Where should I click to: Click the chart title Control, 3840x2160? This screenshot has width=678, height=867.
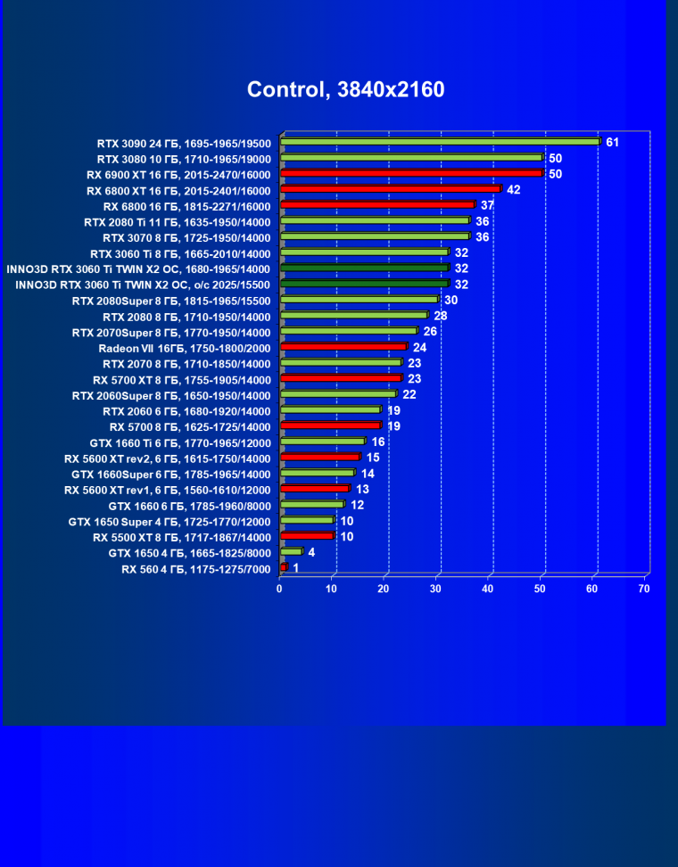coord(345,89)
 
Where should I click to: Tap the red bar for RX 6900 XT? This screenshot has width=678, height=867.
coord(411,173)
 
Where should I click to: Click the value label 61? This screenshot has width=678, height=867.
coord(612,142)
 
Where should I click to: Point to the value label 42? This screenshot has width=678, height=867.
coord(513,189)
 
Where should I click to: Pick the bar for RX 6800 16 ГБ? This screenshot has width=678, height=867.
coord(377,205)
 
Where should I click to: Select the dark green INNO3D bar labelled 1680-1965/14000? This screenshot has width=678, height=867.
coord(364,268)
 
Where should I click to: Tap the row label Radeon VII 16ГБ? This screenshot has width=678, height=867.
coord(185,347)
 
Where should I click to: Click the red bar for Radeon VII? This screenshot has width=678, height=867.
coord(343,347)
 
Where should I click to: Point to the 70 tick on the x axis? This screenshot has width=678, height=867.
coord(644,589)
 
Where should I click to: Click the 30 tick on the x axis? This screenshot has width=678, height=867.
coord(436,589)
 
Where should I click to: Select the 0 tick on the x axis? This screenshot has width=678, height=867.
coord(280,589)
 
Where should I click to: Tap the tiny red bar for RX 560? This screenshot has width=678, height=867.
coord(284,567)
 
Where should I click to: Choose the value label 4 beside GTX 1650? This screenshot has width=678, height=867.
coord(311,552)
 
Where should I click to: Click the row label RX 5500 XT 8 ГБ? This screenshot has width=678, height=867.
coord(181,537)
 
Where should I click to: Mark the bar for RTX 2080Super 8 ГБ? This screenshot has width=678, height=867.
coord(359,300)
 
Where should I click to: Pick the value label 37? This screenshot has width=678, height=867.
coord(487,205)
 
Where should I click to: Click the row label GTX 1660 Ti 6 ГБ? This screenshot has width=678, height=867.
coord(180,442)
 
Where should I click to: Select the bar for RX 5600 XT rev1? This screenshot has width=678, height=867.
coord(314,489)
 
